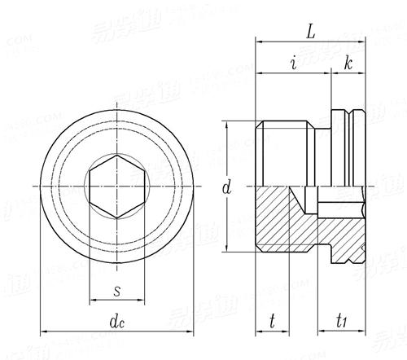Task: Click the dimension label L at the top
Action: [311, 31]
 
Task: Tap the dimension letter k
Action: [348, 63]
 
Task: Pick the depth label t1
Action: [343, 322]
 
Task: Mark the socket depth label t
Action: [272, 322]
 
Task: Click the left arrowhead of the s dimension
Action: [91, 299]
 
